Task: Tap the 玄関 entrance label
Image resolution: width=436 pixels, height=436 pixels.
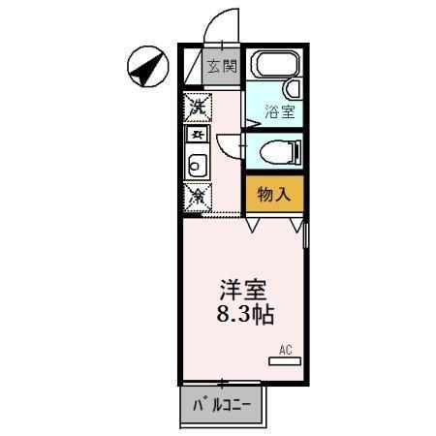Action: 222,67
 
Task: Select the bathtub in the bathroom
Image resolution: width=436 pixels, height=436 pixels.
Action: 272,67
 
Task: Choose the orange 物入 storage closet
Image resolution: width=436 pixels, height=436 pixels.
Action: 274,194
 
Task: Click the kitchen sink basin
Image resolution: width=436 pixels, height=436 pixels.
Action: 197,165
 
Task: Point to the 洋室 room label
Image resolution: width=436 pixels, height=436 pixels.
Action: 242,290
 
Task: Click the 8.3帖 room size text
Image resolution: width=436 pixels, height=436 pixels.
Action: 242,315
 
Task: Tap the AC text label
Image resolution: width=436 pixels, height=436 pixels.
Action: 286,348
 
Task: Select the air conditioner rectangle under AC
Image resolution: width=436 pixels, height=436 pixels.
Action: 286,361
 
